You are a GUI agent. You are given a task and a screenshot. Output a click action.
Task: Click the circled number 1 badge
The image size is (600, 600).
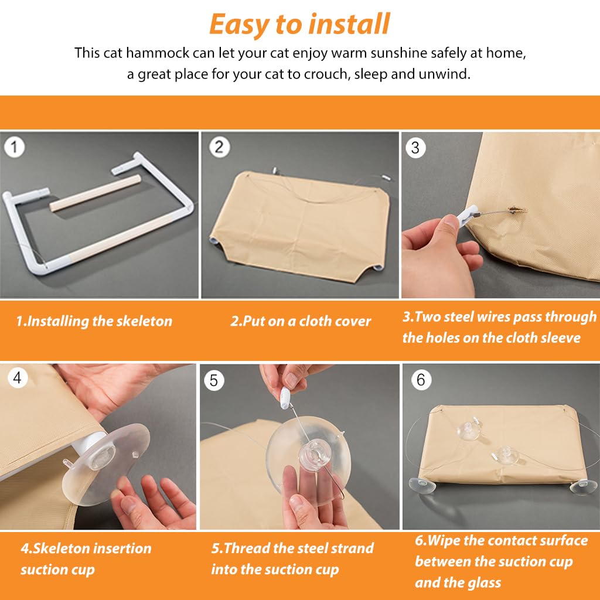click(14, 147)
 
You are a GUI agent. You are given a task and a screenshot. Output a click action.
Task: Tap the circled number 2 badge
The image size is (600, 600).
click(219, 147)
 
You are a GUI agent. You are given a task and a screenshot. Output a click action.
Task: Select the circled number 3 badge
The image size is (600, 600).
click(415, 148)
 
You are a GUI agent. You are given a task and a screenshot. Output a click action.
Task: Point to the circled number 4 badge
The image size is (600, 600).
click(17, 378)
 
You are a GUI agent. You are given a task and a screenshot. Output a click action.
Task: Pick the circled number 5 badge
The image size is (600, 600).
click(214, 381)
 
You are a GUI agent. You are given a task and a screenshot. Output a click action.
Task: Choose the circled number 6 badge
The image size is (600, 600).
click(421, 380)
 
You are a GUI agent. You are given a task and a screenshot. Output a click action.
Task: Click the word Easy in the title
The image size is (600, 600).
click(240, 25)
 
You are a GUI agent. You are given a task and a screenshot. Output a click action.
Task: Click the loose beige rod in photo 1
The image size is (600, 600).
click(93, 192)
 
